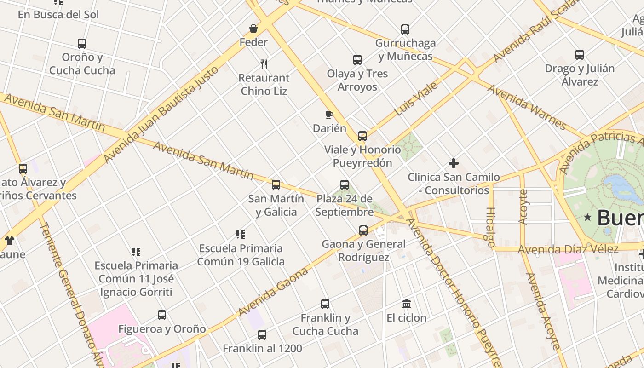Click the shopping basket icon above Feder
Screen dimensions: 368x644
(x=253, y=29)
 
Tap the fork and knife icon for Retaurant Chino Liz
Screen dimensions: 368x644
(x=264, y=64)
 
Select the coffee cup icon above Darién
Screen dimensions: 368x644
(x=329, y=115)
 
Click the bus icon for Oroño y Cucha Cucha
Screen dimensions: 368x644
(x=82, y=44)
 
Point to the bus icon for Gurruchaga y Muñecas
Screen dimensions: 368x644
(x=405, y=29)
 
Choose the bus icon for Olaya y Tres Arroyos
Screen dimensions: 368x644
(x=357, y=60)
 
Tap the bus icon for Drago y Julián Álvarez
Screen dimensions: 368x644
(x=580, y=55)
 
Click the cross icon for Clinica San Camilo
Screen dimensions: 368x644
(x=454, y=163)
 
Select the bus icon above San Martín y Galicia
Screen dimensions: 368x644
(x=276, y=185)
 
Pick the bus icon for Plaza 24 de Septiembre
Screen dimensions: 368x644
(x=345, y=185)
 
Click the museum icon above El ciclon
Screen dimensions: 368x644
(x=407, y=304)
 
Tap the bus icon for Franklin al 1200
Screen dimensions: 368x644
(x=262, y=335)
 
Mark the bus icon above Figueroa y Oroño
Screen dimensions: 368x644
(x=162, y=315)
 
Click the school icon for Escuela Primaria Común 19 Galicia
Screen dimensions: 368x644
(x=241, y=235)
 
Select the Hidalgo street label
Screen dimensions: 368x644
(x=490, y=224)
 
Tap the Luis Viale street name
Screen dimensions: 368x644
(x=416, y=99)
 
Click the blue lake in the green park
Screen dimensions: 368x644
(x=623, y=188)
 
